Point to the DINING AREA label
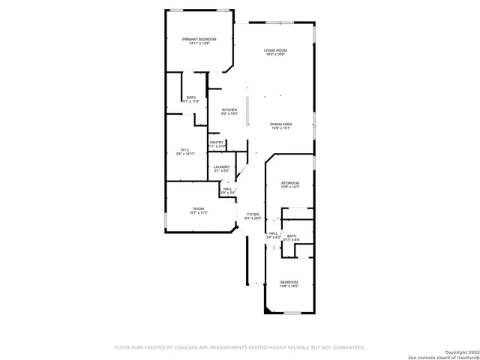tap(280, 126)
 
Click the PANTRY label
tap(217, 143)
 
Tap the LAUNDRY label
tap(221, 169)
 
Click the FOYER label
tap(253, 216)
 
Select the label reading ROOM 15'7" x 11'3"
tap(199, 211)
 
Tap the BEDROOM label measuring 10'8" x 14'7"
tap(290, 185)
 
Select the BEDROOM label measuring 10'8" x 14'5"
tap(289, 283)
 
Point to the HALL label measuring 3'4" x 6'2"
tap(273, 235)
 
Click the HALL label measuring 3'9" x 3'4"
tap(227, 190)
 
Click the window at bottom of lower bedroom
tap(292, 313)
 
